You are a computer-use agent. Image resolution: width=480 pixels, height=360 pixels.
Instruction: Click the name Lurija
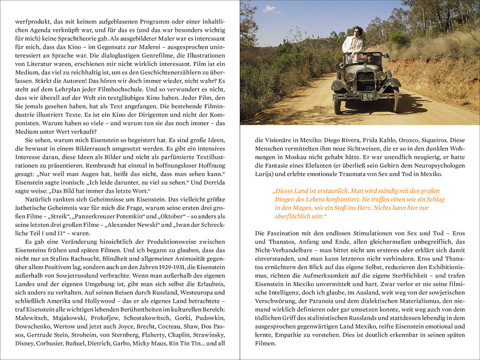[x=264, y=174]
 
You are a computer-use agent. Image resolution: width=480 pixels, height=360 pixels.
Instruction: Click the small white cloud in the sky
[x=270, y=8]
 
